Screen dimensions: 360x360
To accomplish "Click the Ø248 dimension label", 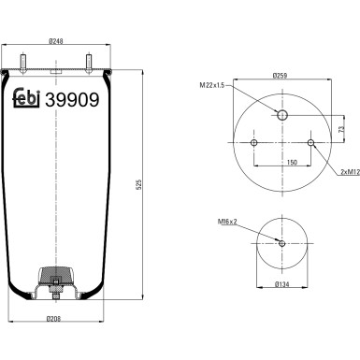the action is [x=56, y=41].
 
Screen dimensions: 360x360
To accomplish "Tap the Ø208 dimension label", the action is [x=53, y=319].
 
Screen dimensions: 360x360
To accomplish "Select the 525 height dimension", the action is [x=139, y=184].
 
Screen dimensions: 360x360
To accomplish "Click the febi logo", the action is [x=26, y=97].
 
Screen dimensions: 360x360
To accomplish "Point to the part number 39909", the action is [x=72, y=100].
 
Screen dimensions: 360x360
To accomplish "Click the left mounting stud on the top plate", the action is [x=23, y=64].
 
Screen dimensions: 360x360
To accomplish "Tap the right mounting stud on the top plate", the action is [x=89, y=64].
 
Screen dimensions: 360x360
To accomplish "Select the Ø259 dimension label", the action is [x=280, y=75].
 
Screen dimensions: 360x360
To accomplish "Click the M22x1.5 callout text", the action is [x=212, y=85].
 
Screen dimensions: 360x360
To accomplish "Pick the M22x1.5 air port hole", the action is [x=282, y=115].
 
